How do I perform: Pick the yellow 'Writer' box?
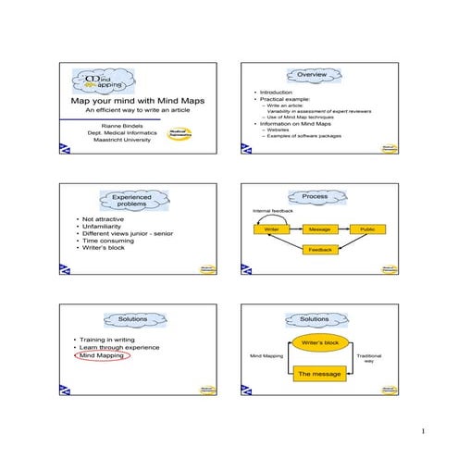pyautogui.click(x=271, y=229)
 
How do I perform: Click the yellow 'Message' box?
pyautogui.click(x=319, y=229)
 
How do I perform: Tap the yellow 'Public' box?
pyautogui.click(x=367, y=229)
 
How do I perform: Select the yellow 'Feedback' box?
pyautogui.click(x=319, y=250)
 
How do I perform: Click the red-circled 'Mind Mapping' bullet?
pyautogui.click(x=105, y=355)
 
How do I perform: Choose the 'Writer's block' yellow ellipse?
pyautogui.click(x=319, y=343)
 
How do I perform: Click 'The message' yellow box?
pyautogui.click(x=319, y=374)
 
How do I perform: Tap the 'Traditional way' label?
pyautogui.click(x=368, y=358)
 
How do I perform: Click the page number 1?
pyautogui.click(x=422, y=432)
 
